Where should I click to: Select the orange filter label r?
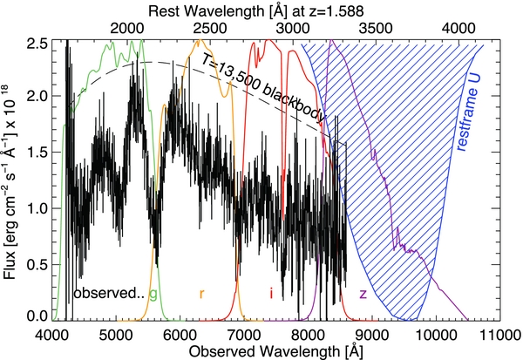(x=201, y=293)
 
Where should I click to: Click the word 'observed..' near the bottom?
(x=107, y=293)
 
